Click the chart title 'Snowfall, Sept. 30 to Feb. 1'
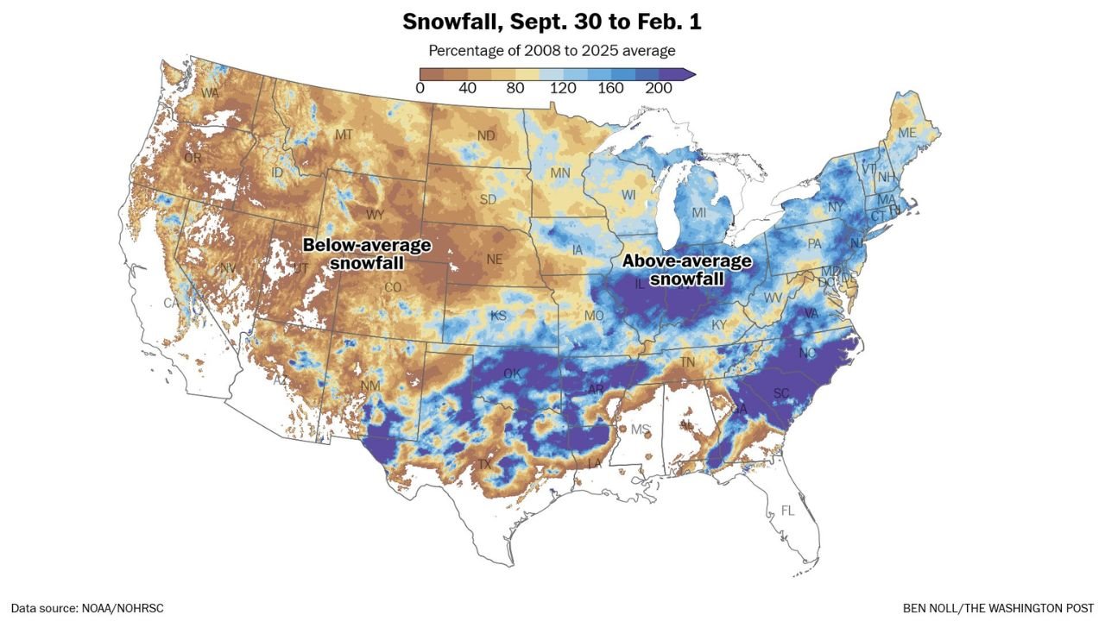coord(552,22)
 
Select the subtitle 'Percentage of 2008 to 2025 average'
coord(552,51)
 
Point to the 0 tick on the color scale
coord(420,89)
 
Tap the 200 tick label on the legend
coord(659,89)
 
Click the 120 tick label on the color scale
coord(563,89)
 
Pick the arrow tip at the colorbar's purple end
coord(691,74)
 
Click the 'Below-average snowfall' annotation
coord(367,254)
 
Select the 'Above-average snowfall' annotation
coord(687,270)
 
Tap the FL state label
coord(786,511)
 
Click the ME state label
coord(906,133)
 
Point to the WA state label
coord(210,92)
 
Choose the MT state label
coord(344,135)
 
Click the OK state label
coord(513,373)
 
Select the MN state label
coord(560,173)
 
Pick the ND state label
coord(486,136)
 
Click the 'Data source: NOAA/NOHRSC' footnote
coord(87,608)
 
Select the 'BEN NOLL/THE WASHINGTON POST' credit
coord(998,608)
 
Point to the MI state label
coord(698,213)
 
